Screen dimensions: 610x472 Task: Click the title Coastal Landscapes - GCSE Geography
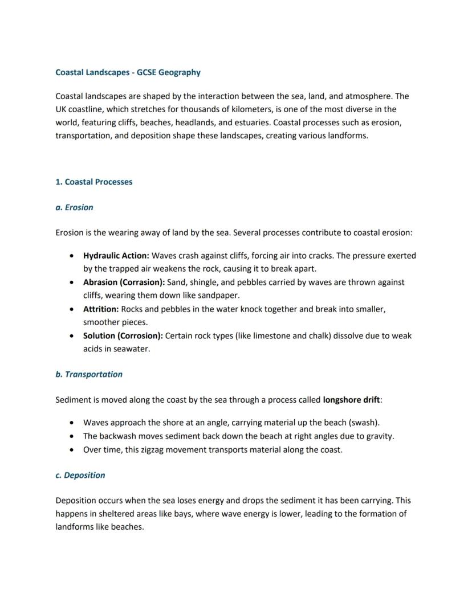(x=128, y=72)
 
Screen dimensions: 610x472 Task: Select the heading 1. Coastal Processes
(x=93, y=182)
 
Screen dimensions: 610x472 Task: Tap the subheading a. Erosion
(x=74, y=207)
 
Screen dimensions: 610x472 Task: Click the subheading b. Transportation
(x=89, y=374)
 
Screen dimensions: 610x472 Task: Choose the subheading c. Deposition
(x=80, y=475)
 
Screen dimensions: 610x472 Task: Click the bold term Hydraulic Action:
(x=116, y=256)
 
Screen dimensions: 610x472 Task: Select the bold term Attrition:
(x=101, y=309)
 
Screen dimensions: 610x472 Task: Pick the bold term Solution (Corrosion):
(x=123, y=335)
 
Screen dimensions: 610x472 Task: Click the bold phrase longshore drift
(x=351, y=400)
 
